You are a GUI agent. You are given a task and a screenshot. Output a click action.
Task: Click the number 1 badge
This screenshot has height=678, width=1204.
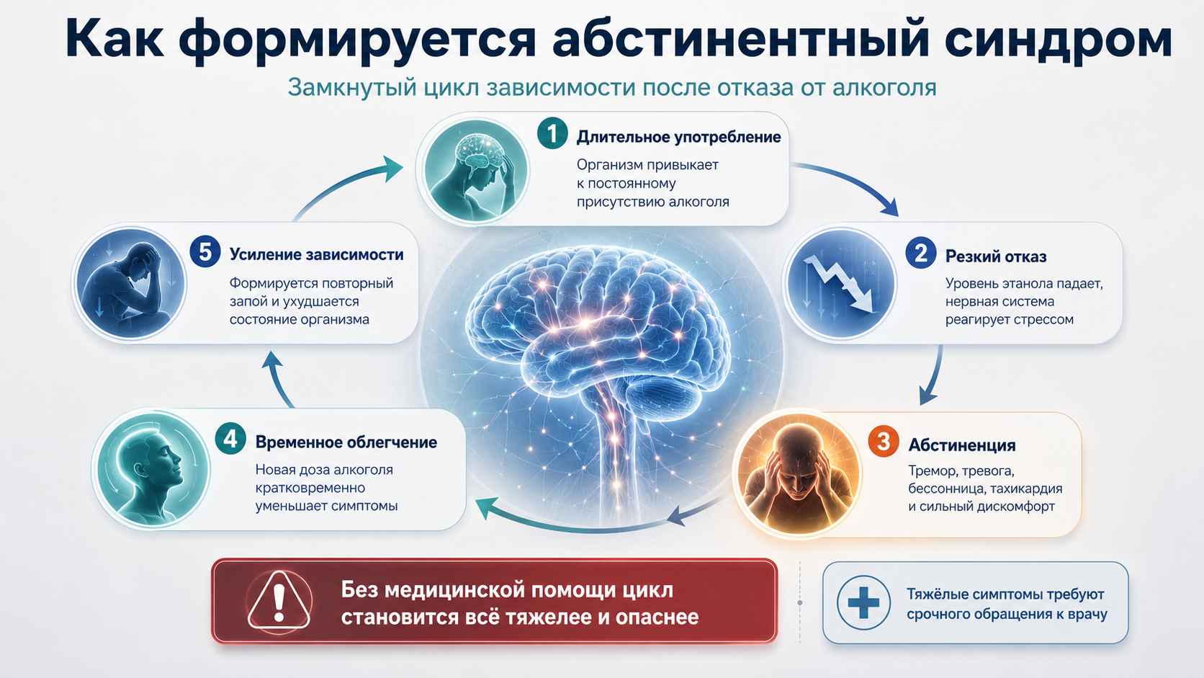(552, 133)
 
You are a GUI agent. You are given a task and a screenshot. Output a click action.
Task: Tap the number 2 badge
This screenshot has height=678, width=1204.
(921, 253)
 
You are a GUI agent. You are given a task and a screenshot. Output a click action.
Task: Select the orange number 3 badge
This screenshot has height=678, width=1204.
(884, 442)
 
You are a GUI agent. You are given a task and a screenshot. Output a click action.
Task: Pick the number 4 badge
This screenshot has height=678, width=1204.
(230, 439)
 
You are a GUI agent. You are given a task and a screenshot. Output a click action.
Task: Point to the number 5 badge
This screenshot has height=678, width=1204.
(205, 251)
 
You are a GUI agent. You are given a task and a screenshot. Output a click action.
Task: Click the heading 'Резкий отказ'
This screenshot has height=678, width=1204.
(996, 257)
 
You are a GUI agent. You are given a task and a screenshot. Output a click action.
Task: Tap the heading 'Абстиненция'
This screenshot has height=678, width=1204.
(962, 445)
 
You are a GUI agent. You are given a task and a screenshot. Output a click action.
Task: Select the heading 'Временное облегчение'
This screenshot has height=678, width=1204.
(346, 442)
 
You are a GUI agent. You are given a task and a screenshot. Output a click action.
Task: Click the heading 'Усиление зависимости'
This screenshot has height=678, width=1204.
(317, 254)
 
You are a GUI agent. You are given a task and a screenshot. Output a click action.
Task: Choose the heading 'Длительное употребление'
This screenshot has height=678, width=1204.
(679, 137)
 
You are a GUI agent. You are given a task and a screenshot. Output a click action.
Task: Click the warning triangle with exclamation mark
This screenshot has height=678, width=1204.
(279, 601)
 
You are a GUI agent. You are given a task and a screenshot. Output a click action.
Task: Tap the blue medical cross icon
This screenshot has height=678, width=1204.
(864, 603)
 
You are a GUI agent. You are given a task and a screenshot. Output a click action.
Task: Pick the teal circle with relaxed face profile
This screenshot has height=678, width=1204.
(151, 468)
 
